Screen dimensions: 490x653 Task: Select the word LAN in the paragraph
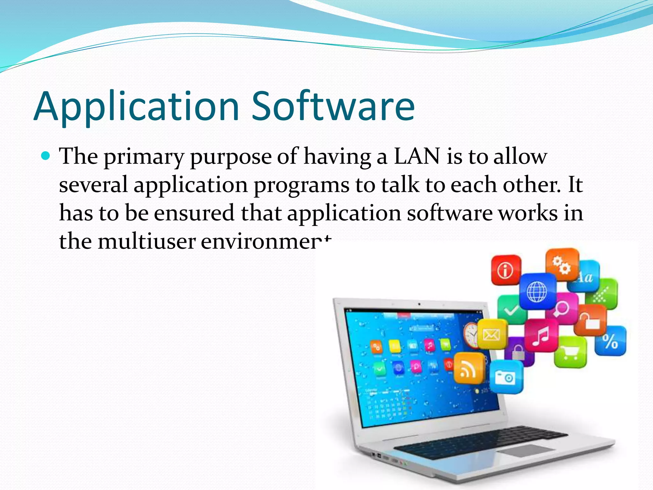coord(417,156)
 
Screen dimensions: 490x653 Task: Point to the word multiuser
coord(146,241)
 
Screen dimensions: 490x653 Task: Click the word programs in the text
coord(301,185)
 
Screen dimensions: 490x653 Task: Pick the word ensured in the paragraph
coord(194,213)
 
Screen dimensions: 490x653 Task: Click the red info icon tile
coord(506,270)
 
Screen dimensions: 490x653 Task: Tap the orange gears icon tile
coord(562,264)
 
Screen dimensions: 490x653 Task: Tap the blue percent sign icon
coord(610,341)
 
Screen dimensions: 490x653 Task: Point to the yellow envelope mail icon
coord(491,334)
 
